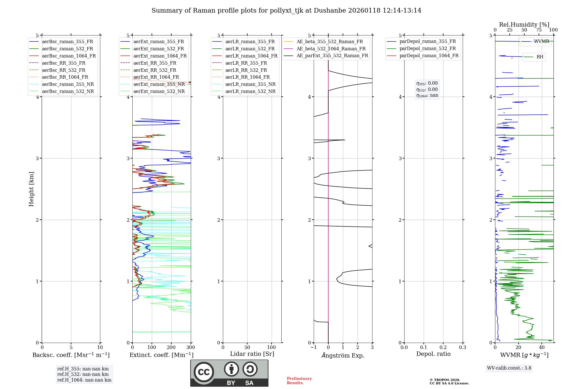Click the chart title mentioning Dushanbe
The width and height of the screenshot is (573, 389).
tap(286, 11)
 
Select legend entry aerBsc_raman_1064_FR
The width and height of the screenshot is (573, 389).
tap(69, 56)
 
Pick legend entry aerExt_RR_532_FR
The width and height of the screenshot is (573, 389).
tap(155, 70)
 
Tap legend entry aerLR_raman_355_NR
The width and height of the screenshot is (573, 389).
tap(250, 84)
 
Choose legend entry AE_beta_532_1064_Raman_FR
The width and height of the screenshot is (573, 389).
tap(331, 49)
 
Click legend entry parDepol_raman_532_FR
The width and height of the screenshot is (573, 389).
tap(427, 49)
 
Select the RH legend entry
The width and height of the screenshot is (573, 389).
tap(540, 57)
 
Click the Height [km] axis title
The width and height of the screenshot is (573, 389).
tap(31, 189)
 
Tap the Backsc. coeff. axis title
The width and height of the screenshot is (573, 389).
tap(71, 355)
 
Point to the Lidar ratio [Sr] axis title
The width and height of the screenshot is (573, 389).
tap(252, 354)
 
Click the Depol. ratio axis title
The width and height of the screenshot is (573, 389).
tap(433, 354)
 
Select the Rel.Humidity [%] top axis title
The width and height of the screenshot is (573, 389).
tap(524, 25)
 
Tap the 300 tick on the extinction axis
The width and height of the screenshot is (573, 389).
tap(191, 348)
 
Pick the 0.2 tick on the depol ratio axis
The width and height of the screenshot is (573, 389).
tap(443, 348)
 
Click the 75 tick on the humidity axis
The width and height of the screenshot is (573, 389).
tap(539, 30)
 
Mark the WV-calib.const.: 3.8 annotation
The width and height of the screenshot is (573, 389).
tap(509, 368)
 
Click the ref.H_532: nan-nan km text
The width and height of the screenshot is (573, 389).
tap(83, 374)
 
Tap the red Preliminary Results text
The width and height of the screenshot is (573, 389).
tap(299, 381)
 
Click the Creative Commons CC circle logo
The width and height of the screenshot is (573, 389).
tap(204, 372)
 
